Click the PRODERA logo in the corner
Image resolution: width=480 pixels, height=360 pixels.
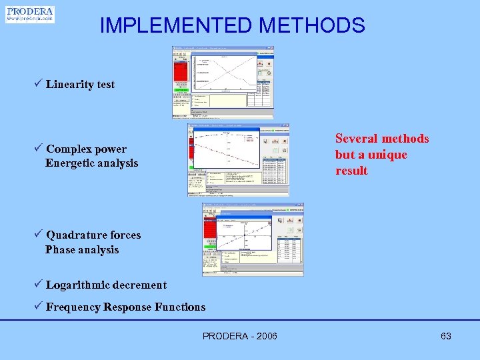coord(30,14)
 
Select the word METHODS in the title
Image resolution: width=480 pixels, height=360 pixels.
coord(312,25)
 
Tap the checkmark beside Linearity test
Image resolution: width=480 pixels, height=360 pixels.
coord(39,84)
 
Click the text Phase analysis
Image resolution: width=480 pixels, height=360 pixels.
coord(82,250)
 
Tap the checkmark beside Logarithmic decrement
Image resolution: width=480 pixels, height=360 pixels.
coord(39,285)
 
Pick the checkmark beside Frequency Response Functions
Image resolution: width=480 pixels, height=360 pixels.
coord(39,307)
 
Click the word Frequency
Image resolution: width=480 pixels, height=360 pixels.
coord(73,307)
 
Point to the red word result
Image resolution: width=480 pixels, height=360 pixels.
coord(351,171)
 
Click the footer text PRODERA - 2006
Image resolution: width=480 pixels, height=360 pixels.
coord(240,336)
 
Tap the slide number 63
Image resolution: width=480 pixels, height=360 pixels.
coord(446,336)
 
